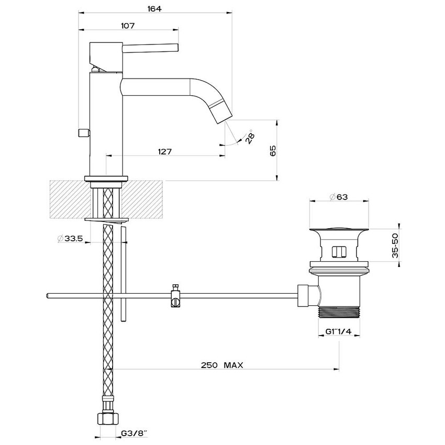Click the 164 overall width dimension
click(154, 9)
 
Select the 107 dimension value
click(128, 26)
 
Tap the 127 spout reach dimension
click(165, 151)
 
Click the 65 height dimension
click(272, 151)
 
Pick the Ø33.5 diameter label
click(70, 238)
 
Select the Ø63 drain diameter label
click(338, 196)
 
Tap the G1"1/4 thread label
click(338, 331)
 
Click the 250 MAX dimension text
click(222, 365)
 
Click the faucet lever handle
click(150, 48)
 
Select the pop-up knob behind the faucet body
click(84, 133)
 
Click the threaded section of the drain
click(339, 313)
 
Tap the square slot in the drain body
click(339, 252)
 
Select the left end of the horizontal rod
click(46, 296)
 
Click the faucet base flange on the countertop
click(106, 179)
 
